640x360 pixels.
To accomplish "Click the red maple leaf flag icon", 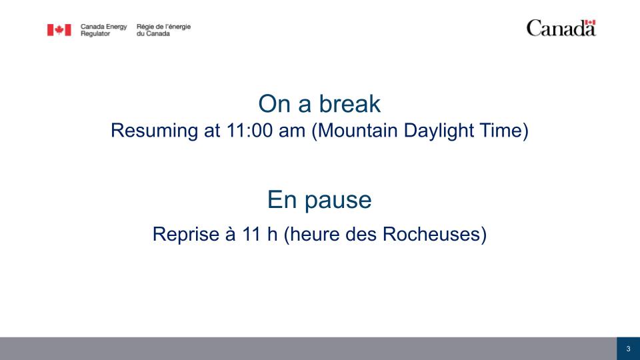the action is click(59, 30).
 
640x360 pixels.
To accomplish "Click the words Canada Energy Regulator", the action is click(104, 30).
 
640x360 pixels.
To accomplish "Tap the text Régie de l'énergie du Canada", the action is click(163, 30).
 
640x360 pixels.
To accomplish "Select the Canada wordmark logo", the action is click(561, 28).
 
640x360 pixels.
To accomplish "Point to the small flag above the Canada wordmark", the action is click(590, 22).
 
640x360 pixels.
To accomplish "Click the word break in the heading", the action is click(350, 104).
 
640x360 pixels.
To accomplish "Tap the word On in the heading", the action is click(274, 104).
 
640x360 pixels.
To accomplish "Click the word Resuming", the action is click(154, 131).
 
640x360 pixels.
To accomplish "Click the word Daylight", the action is click(439, 131).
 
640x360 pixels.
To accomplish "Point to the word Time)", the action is click(504, 131).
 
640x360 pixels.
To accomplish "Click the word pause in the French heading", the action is click(338, 201).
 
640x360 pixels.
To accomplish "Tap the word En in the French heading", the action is click(282, 199).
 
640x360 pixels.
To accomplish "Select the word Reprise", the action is click(186, 235).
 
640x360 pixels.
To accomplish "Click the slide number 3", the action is click(628, 349).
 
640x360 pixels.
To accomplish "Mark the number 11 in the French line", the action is click(251, 234).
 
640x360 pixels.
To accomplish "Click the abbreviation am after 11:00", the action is click(292, 131).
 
